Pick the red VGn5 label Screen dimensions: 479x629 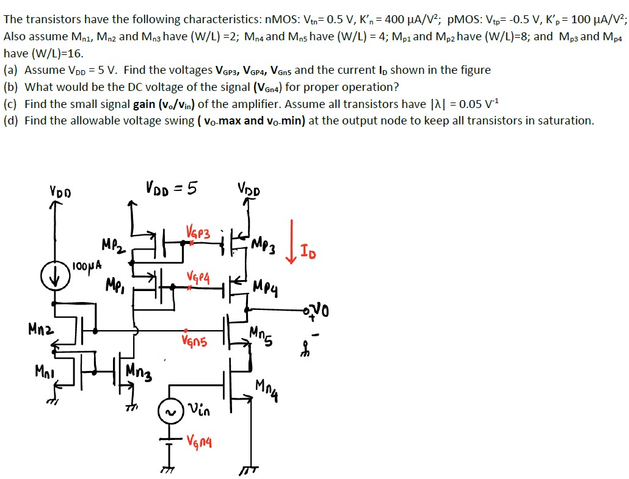pos(194,342)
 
